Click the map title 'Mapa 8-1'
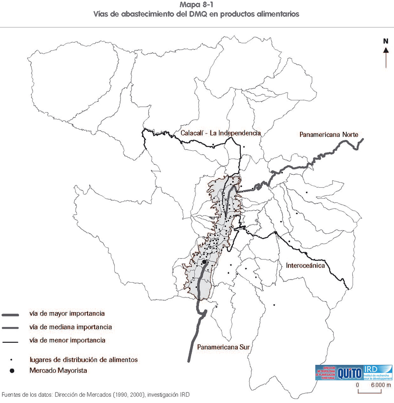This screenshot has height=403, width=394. coord(197,5)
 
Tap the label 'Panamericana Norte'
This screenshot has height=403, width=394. coord(329,135)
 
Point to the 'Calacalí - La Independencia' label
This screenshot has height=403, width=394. coord(221,133)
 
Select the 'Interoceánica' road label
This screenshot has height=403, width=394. coord(305,266)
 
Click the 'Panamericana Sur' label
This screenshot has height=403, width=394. coord(224,347)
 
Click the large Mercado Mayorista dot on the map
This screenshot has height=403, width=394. coord(204,262)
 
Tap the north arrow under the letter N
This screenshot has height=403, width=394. coord(386,57)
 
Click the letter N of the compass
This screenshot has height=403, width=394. coord(386,41)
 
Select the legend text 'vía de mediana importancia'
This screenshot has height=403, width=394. coord(71,327)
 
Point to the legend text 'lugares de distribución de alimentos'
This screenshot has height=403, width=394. coord(84,359)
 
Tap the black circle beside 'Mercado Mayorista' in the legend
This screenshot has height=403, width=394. coord(12,371)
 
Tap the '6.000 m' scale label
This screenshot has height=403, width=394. coord(380,385)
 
